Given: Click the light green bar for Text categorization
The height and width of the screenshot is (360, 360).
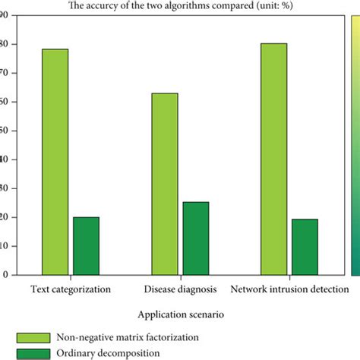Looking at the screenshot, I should (55, 161).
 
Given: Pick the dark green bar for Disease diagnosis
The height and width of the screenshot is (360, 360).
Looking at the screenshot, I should (195, 238).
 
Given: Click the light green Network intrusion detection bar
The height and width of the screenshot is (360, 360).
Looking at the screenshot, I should (274, 159).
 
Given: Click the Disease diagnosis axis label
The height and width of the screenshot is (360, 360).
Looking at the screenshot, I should (180, 289).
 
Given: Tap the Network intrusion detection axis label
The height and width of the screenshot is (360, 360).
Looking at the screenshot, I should (289, 289).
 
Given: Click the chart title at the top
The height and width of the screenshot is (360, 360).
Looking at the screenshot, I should (180, 7).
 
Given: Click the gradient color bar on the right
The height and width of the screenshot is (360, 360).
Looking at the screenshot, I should (355, 144).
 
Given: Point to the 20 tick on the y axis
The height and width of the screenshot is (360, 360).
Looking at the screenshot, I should (4, 217).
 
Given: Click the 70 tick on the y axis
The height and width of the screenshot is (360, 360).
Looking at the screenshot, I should (4, 73).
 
